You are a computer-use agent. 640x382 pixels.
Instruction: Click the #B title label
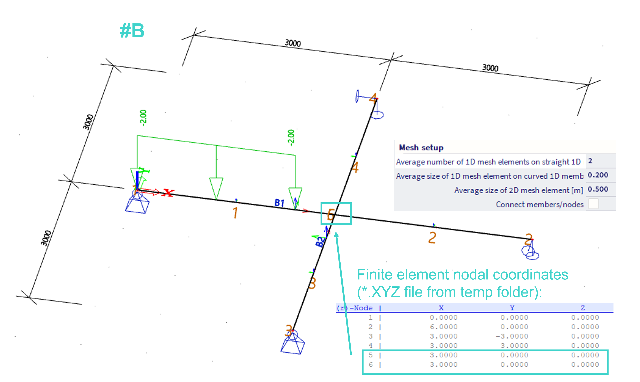pyautogui.click(x=132, y=31)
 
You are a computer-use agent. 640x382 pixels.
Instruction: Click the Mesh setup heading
pyautogui.click(x=421, y=148)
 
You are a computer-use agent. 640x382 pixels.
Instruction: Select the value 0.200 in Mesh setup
pyautogui.click(x=598, y=175)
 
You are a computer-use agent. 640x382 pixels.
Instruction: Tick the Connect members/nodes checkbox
pyautogui.click(x=593, y=204)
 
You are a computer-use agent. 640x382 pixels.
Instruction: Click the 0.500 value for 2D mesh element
pyautogui.click(x=598, y=189)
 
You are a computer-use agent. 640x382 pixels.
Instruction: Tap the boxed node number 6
pyautogui.click(x=331, y=215)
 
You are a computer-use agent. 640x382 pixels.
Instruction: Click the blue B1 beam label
pyautogui.click(x=279, y=203)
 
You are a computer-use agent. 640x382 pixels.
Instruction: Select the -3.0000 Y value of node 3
pyautogui.click(x=512, y=336)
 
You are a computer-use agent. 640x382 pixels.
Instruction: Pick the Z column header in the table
pyautogui.click(x=583, y=308)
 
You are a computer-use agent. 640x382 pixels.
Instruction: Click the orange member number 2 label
pyautogui.click(x=432, y=238)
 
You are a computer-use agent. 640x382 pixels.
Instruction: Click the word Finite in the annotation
pyautogui.click(x=376, y=275)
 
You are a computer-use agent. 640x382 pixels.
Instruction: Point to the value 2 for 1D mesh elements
pyautogui.click(x=590, y=161)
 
